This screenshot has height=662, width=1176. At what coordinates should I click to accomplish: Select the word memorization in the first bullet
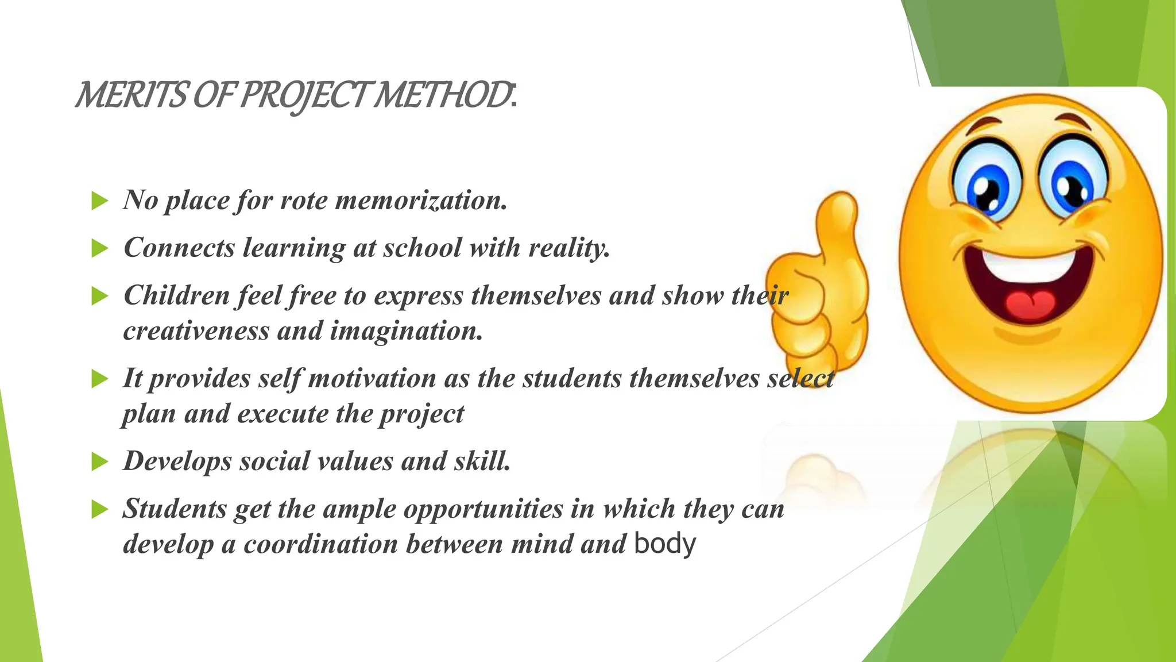point(421,201)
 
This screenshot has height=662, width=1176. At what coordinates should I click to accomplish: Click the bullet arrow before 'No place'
point(100,201)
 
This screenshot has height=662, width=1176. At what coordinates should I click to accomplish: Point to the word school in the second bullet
point(422,248)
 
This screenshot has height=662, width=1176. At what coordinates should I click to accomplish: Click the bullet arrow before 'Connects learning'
point(100,249)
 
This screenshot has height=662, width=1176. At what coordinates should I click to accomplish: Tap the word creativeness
point(196,332)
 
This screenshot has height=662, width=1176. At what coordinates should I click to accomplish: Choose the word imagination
point(405,332)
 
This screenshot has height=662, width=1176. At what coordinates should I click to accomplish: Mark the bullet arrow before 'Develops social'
point(100,461)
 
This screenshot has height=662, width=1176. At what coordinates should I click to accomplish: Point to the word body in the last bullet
point(665,544)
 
